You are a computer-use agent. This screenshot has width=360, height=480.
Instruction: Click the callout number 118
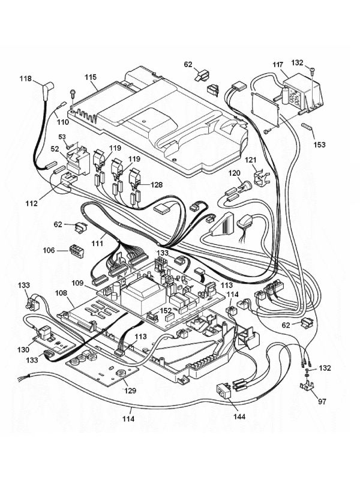click(25, 79)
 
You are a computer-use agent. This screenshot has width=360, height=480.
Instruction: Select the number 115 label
click(91, 77)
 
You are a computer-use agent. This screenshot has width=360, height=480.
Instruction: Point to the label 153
click(319, 145)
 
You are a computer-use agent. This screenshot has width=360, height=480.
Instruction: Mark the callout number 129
click(130, 390)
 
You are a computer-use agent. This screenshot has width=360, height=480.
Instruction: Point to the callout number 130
click(23, 350)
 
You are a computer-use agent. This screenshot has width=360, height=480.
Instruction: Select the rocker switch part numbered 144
click(224, 391)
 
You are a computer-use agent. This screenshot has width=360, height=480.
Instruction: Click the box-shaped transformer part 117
click(302, 93)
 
